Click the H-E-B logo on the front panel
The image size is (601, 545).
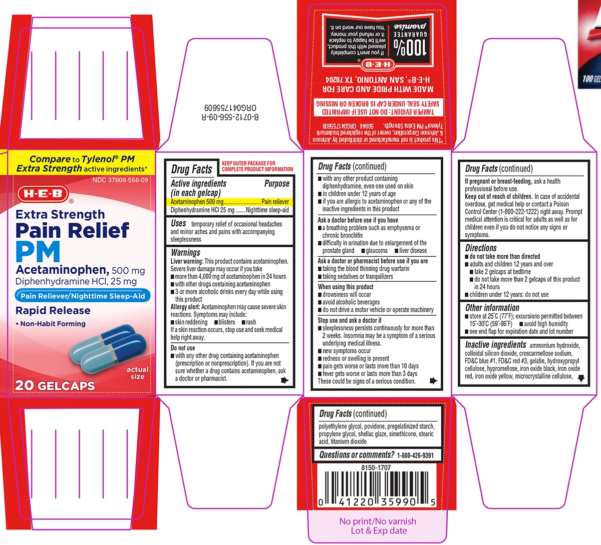click(43, 194)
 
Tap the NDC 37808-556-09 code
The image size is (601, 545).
click(120, 180)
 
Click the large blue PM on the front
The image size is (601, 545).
click(38, 252)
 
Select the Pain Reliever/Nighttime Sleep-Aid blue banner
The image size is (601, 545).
click(83, 296)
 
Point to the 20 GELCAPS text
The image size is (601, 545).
click(55, 385)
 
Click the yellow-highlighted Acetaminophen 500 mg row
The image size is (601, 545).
click(229, 202)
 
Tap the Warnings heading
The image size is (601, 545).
click(185, 252)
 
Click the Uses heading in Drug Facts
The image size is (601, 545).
click(178, 223)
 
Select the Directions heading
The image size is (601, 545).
click(481, 248)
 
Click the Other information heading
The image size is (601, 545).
click(492, 308)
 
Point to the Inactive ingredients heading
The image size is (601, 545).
click(495, 345)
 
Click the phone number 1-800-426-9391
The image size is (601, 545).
click(415, 455)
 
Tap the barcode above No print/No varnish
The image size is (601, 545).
click(377, 489)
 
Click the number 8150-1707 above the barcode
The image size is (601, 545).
click(376, 467)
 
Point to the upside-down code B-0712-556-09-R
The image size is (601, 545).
click(230, 117)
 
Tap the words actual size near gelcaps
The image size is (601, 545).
click(137, 373)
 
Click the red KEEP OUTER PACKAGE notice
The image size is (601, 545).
click(257, 166)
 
